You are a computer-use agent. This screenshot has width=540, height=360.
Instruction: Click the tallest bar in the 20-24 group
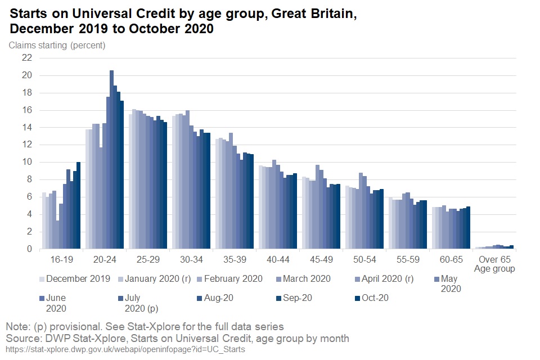111,160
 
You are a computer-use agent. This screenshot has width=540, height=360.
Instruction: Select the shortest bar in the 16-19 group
57,235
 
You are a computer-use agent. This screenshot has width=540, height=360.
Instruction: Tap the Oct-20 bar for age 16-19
79,205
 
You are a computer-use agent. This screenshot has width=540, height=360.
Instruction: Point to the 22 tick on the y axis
26,58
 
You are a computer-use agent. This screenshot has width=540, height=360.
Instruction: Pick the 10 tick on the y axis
26,162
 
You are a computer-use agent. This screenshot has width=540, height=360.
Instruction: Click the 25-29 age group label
148,260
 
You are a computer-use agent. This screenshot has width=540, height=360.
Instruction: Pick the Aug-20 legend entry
214,298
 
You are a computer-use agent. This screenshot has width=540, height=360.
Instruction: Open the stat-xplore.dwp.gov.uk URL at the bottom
125,349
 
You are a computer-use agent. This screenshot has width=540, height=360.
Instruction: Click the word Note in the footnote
17,326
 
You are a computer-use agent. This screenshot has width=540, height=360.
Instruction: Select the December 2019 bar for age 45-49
304,213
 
